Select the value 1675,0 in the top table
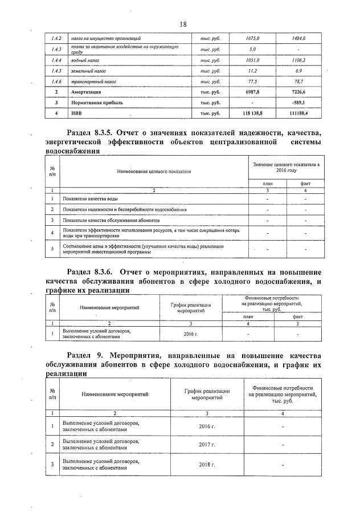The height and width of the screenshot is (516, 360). click(252, 38)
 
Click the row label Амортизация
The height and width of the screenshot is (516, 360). click(86, 92)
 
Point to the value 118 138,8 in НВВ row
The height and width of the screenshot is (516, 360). click(252, 113)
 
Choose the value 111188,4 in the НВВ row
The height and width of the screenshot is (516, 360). click(297, 113)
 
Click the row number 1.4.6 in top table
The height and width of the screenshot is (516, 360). click(56, 82)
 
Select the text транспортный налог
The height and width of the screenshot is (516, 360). click(93, 82)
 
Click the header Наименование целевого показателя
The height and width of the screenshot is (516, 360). click(154, 170)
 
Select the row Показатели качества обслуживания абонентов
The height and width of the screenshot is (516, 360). click(112, 220)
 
